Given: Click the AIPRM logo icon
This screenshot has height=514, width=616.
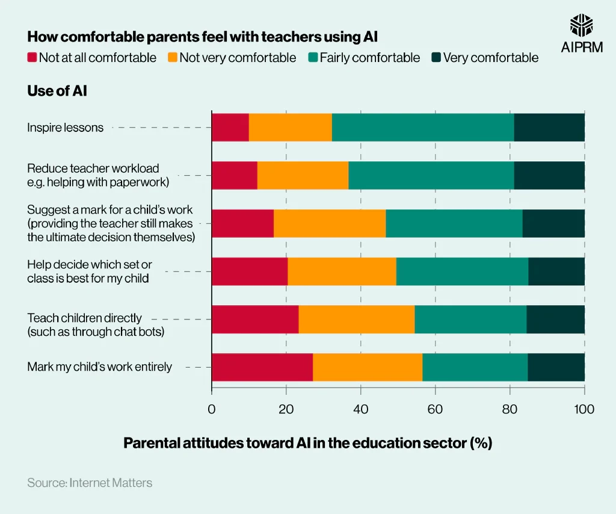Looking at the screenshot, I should coord(582,26).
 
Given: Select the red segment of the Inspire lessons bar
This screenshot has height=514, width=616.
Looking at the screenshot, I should coord(230,128).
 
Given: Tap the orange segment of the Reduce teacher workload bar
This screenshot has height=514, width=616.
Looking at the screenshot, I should coord(303,175).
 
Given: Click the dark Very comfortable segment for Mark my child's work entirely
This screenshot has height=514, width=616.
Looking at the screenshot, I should coord(556,367).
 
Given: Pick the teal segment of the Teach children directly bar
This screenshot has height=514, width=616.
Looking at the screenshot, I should coord(470,319).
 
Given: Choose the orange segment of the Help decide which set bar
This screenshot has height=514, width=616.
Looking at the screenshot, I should coord(342,271).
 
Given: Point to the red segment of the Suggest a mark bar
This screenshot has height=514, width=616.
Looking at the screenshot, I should coord(242,223).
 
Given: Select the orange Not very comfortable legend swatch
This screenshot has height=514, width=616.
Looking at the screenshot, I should coord(173,58).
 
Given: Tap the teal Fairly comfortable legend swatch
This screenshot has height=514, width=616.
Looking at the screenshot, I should coord(313,58).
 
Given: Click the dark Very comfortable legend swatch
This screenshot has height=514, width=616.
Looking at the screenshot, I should coord(436,58).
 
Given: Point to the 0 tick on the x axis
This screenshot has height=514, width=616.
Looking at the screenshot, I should coord(212,409).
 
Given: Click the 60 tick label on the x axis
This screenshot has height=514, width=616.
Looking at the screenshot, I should coord(435,409).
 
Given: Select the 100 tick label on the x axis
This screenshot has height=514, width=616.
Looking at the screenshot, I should coord(584,409).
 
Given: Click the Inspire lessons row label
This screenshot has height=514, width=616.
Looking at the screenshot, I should coord(65,128).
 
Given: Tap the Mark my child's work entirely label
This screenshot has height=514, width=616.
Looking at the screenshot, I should coord(99,367).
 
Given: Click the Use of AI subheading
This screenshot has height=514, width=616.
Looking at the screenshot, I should coord(57,91).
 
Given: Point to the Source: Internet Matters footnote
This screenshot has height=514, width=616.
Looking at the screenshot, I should coord(90,483).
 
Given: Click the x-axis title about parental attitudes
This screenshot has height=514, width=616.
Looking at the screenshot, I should coord(307,443).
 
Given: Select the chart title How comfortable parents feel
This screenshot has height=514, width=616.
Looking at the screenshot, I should coord(202,37).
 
